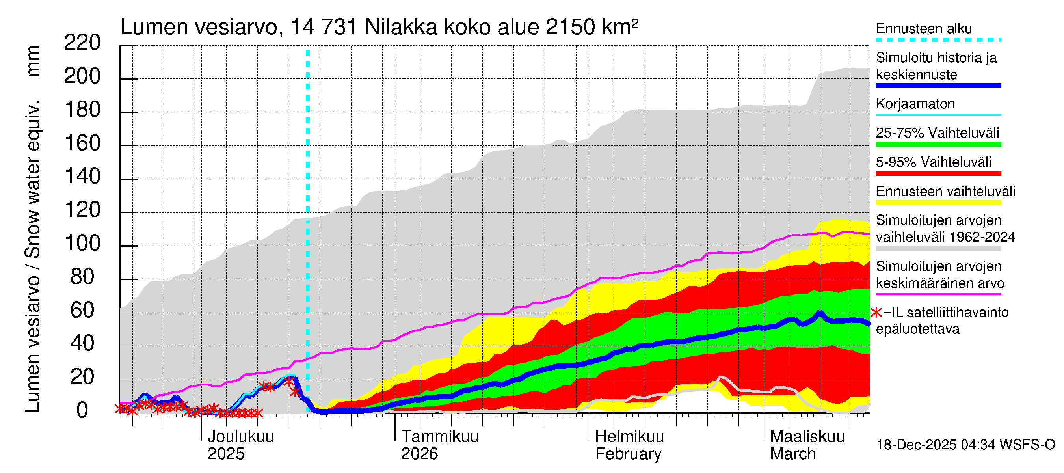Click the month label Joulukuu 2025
tap(240, 445)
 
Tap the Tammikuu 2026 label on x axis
tap(439, 445)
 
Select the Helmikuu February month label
tap(629, 445)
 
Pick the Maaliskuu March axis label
tap(807, 445)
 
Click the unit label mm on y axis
tap(33, 61)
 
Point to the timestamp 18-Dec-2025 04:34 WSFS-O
tap(965, 445)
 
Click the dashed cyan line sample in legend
tap(938, 40)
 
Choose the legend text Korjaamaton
tap(915, 104)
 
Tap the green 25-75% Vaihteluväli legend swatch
tap(938, 144)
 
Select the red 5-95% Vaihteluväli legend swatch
tap(938, 173)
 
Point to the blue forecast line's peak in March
tap(820, 313)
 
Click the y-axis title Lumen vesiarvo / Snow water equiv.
tap(33, 256)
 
